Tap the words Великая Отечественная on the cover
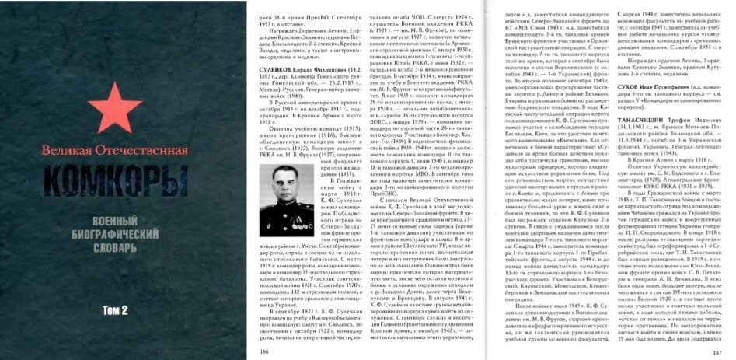click(116, 149)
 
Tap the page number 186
click(266, 350)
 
